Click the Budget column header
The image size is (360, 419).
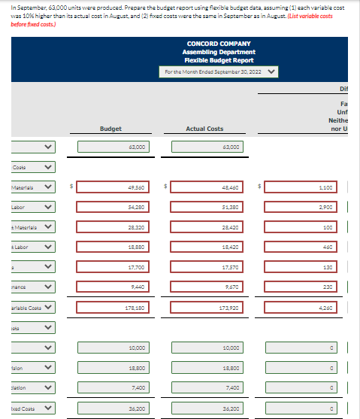pos(110,129)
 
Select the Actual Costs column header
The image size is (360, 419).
pos(204,129)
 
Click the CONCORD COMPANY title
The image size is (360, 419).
pos(219,44)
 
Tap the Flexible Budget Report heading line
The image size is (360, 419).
pos(219,60)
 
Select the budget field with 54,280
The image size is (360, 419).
pos(111,205)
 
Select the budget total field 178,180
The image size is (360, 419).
pos(111,307)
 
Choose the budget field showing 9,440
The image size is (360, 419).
pos(111,287)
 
